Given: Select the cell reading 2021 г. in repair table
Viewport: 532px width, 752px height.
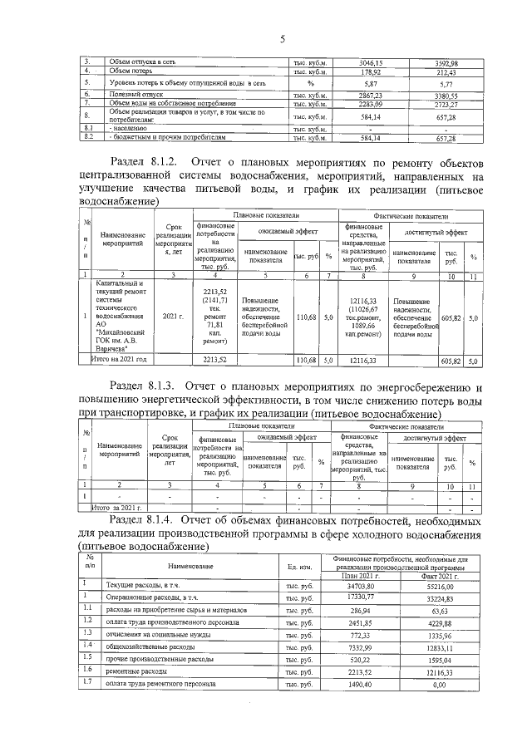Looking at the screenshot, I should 173,316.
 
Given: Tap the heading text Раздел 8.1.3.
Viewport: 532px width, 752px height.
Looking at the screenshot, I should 143,386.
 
